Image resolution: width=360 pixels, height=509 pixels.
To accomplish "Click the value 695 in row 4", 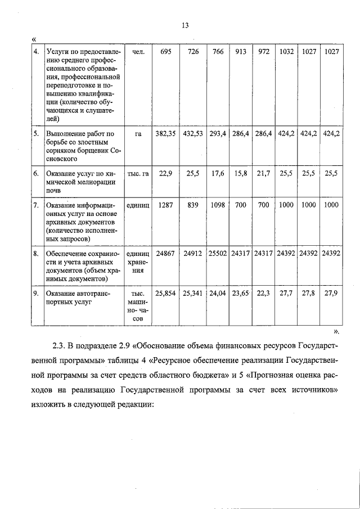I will [x=166, y=52].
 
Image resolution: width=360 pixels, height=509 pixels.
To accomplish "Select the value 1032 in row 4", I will [x=286, y=52].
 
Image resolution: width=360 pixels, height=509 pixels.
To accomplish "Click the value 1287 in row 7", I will [x=166, y=205].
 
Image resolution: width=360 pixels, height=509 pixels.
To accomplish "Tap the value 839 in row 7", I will [x=193, y=205].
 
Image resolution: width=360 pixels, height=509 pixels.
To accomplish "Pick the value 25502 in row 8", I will [x=218, y=254].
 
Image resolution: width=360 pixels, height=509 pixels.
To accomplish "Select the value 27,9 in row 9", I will [x=332, y=294].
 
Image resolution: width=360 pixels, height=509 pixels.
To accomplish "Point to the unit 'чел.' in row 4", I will [x=138, y=52].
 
